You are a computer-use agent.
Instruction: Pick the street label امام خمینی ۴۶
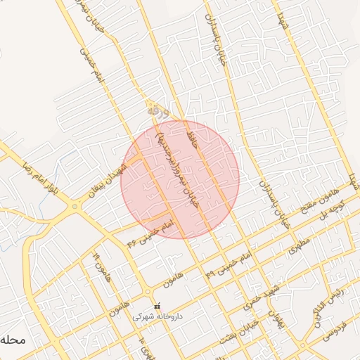(x=149, y=232)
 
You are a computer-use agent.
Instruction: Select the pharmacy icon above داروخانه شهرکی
(x=158, y=307)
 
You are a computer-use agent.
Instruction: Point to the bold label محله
(x=13, y=340)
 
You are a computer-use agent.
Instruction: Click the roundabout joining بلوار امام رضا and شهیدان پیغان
(x=75, y=207)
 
